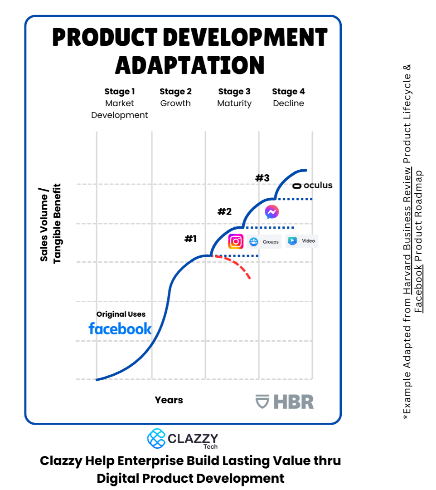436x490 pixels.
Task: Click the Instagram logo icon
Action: click(236, 241)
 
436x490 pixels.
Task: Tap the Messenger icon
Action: click(272, 212)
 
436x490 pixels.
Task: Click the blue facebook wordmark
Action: click(120, 328)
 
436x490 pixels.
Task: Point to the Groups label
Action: click(271, 242)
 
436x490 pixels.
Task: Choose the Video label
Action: click(308, 241)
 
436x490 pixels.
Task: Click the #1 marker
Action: click(190, 239)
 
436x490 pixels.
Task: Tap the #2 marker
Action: click(224, 211)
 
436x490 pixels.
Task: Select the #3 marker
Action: click(262, 178)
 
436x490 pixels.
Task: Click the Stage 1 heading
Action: click(120, 92)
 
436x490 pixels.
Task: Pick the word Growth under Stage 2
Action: click(175, 103)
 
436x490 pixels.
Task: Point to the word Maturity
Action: click(234, 103)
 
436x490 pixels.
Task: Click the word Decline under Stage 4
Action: click(288, 103)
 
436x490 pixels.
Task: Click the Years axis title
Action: click(169, 400)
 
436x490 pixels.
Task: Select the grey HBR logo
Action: click(285, 402)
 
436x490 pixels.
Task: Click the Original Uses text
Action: click(121, 314)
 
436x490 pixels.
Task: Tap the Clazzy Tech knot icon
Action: click(156, 438)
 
